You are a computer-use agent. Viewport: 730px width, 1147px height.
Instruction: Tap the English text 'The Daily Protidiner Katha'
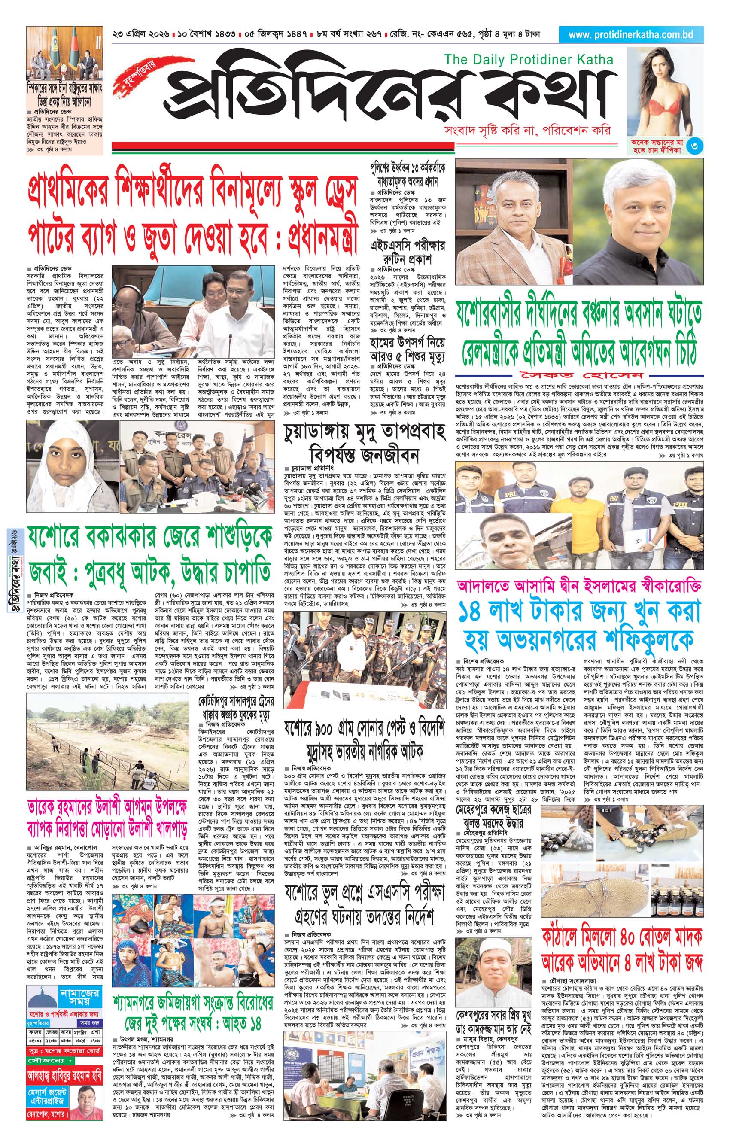(x=529, y=60)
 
